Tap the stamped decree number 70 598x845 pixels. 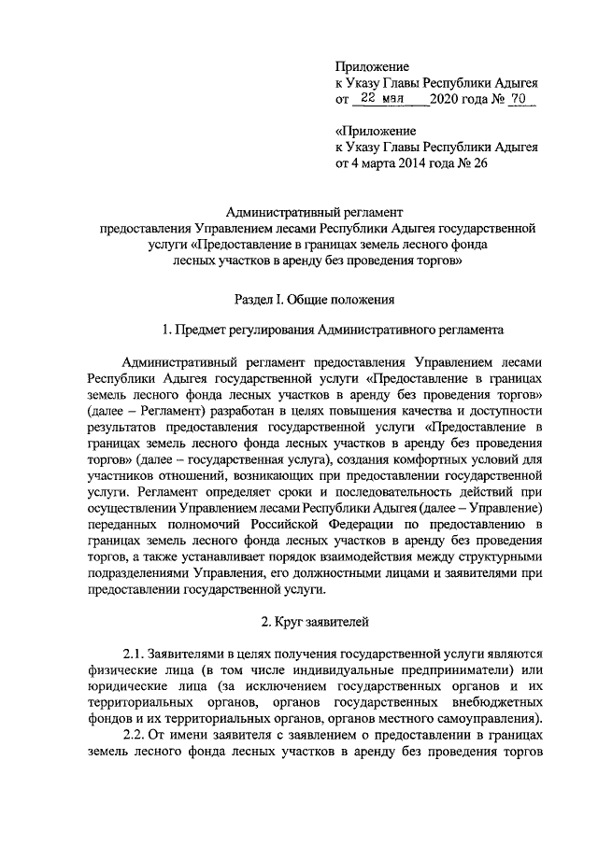tap(520, 100)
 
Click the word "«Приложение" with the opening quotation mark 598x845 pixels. tap(376, 131)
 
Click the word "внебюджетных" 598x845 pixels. tap(497, 703)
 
